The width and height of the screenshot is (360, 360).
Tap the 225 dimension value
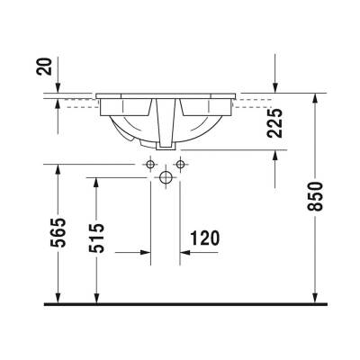point(275,121)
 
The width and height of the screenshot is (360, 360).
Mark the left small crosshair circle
point(148,164)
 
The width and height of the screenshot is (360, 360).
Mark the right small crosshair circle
point(180,164)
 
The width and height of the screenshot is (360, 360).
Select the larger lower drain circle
point(165,178)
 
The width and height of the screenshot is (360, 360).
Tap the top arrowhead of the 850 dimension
point(314,97)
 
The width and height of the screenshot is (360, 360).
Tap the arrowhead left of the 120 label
point(144,253)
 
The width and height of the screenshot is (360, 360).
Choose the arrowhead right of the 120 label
point(185,253)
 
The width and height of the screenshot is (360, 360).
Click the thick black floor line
point(180,304)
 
